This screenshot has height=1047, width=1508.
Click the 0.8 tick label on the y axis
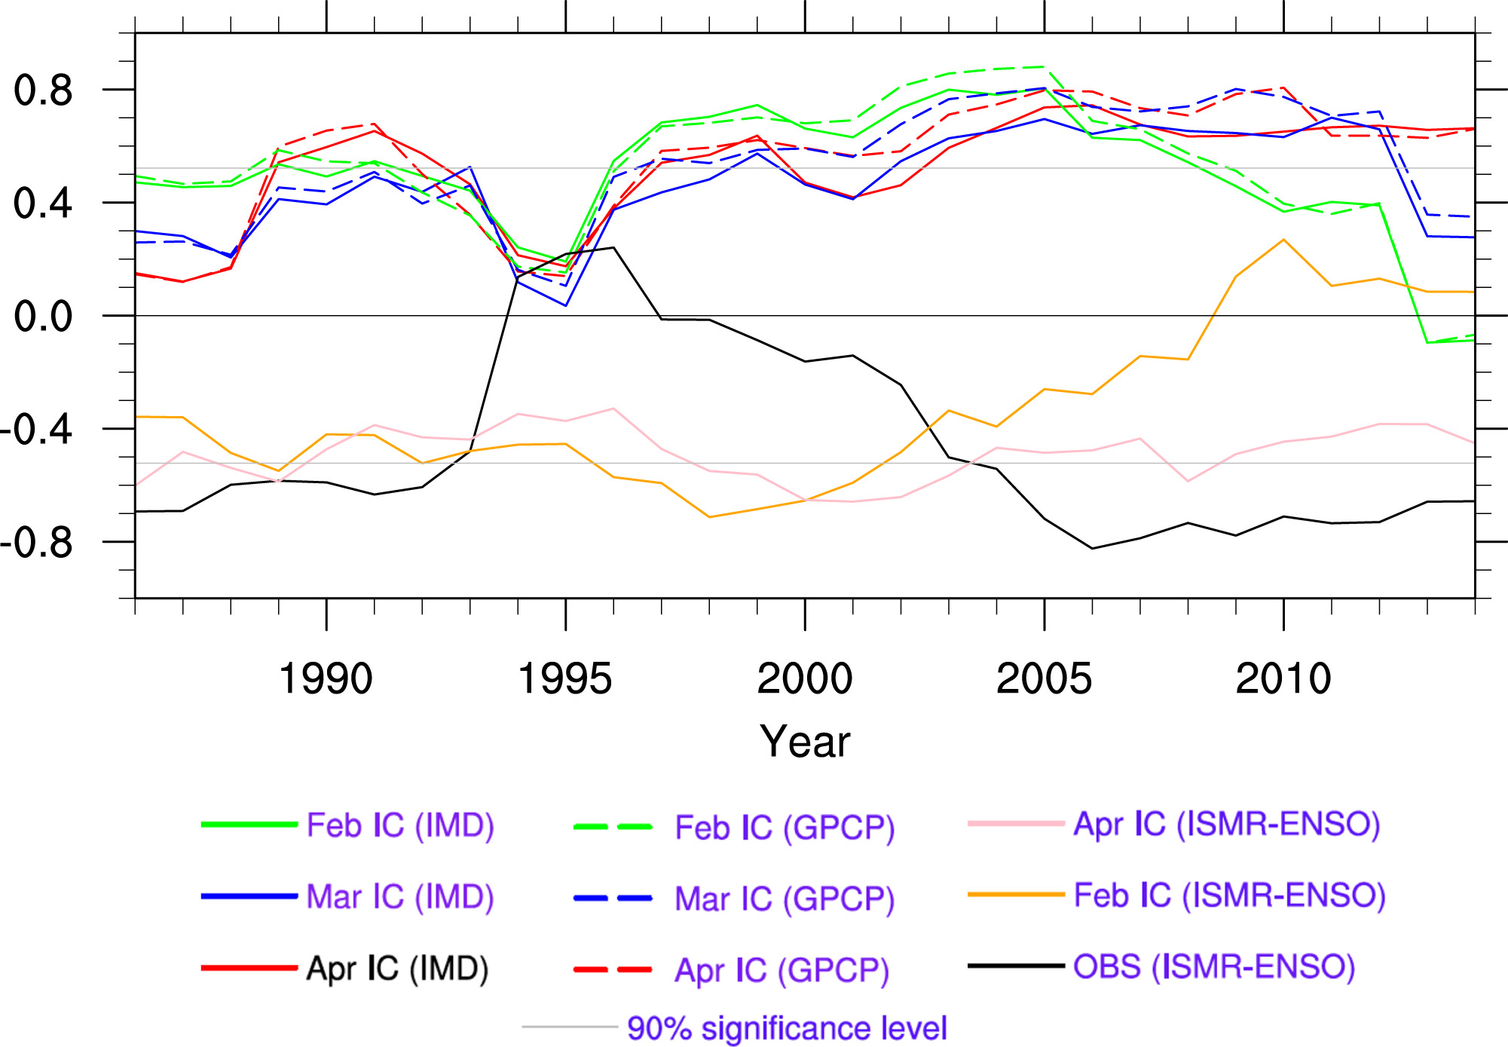[43, 90]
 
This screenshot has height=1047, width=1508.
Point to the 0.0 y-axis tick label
[43, 316]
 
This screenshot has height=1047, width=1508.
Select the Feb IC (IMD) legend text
[400, 825]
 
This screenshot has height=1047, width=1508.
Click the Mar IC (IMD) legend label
[400, 897]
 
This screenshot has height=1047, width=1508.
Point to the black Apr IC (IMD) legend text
[397, 969]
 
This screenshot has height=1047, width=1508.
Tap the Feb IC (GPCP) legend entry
[785, 828]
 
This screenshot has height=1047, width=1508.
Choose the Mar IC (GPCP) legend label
[785, 899]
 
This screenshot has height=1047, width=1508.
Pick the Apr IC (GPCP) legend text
[782, 970]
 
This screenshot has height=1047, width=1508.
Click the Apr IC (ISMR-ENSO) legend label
[1227, 824]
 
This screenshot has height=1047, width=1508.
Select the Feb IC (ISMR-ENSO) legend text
[1230, 895]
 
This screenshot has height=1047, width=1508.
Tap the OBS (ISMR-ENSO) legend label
[1214, 966]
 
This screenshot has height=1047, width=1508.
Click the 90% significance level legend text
[787, 1028]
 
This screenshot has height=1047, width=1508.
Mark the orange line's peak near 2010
[1283, 240]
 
